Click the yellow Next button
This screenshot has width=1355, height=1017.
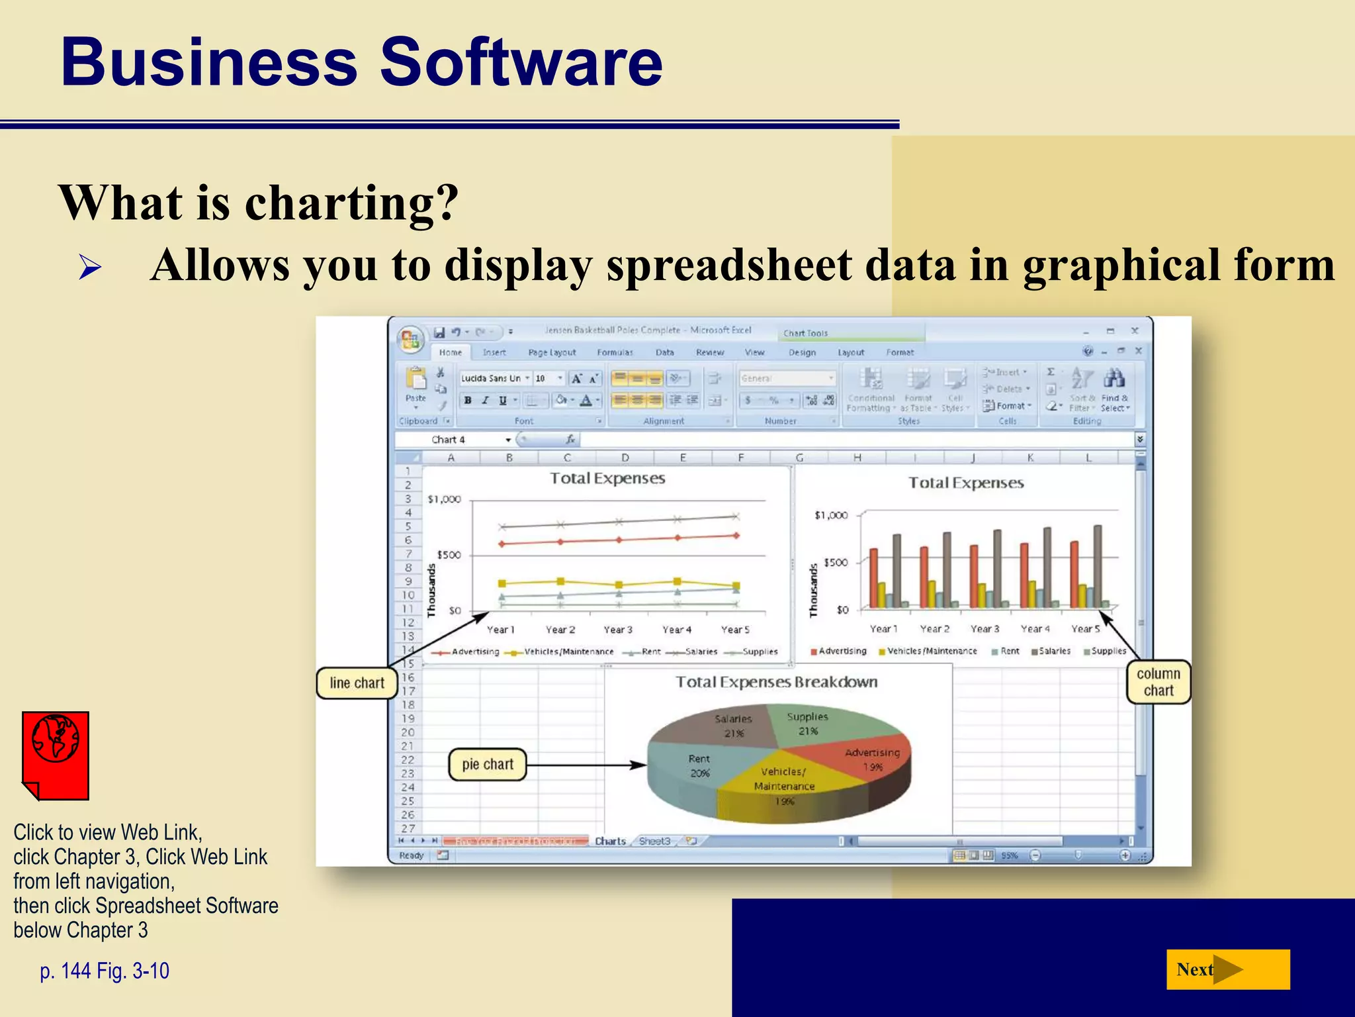(1227, 969)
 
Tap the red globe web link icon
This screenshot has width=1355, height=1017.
(56, 755)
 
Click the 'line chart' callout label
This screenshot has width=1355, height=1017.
(357, 683)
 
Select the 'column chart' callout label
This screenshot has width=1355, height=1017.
(1158, 682)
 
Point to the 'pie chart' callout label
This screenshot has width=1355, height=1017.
(488, 765)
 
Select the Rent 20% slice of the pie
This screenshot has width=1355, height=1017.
(695, 768)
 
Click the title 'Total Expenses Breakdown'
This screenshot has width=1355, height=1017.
(776, 682)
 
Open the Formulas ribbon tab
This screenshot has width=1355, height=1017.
(615, 353)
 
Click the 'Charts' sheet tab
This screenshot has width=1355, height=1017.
(610, 841)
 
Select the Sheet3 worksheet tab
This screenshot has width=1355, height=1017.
(654, 841)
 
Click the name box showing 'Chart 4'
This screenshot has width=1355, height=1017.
(457, 440)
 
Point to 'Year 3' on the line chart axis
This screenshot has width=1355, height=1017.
(618, 630)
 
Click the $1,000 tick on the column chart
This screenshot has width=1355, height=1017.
(831, 515)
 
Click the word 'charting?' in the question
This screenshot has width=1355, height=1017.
(352, 203)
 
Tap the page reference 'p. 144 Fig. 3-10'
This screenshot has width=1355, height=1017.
(105, 971)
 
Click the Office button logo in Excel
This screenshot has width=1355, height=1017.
(410, 339)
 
